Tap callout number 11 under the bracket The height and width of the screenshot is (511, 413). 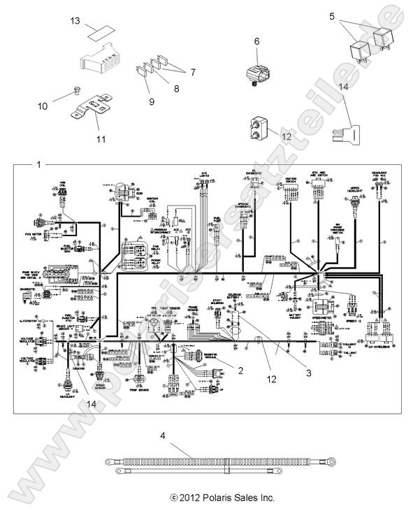pyautogui.click(x=101, y=139)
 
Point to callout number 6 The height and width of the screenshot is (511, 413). pyautogui.click(x=256, y=42)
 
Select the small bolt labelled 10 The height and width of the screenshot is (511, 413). pyautogui.click(x=78, y=90)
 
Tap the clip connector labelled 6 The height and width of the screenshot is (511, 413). pyautogui.click(x=256, y=73)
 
